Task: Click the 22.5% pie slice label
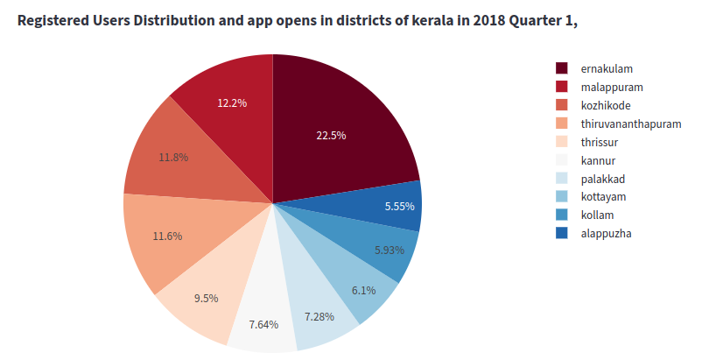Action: [x=332, y=135]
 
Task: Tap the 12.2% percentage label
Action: [x=232, y=102]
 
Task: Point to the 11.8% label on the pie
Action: [x=173, y=158]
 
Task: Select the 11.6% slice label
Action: [x=168, y=236]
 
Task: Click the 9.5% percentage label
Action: [x=206, y=298]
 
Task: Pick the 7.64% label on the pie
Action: [x=263, y=324]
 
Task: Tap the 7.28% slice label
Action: [x=319, y=315]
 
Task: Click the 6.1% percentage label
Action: [x=363, y=291]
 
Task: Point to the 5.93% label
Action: [x=390, y=250]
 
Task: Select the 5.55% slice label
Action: [x=400, y=207]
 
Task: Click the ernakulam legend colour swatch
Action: [x=562, y=68]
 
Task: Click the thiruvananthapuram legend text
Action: [x=630, y=124]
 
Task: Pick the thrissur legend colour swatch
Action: [x=562, y=142]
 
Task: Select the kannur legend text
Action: [x=599, y=160]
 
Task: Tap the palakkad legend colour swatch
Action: [x=562, y=179]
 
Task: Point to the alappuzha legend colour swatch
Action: [x=562, y=233]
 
